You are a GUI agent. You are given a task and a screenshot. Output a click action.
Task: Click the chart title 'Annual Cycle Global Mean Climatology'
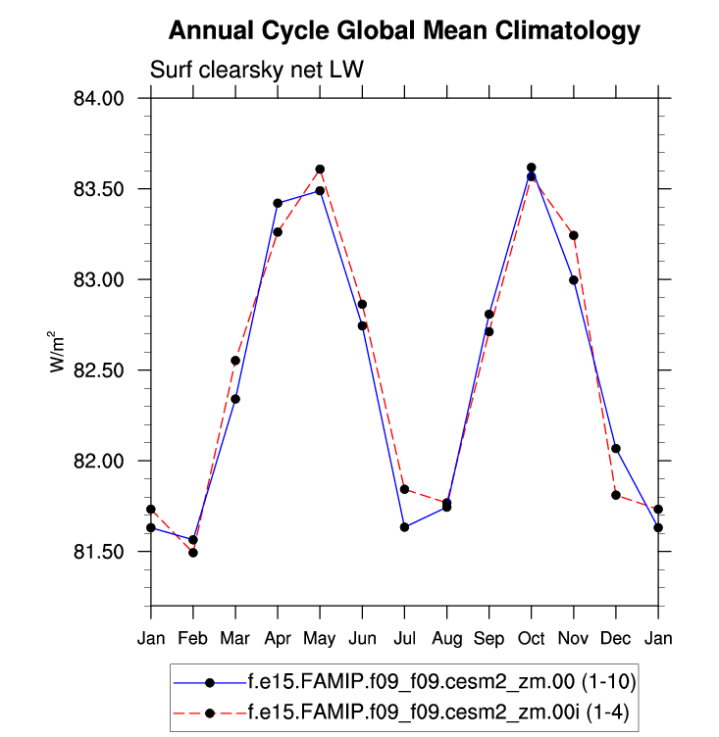coord(404,31)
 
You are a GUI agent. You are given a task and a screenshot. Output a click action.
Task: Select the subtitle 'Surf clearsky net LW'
coord(257,71)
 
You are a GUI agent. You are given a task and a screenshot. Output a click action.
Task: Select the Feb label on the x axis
coord(193,639)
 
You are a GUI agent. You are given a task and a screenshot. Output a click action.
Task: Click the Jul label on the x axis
coord(404,639)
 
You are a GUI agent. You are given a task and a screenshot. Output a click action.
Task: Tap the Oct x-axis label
coord(531,639)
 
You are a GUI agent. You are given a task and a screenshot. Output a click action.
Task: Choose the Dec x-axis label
coord(615,639)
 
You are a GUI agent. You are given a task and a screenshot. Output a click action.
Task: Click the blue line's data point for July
coord(404,527)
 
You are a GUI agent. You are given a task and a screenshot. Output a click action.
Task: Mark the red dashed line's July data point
coord(404,489)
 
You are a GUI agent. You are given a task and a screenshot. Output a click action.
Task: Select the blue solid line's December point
coord(615,449)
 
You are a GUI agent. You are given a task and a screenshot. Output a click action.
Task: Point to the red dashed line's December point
coord(615,495)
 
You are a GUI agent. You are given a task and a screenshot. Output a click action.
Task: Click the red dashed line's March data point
coord(235,361)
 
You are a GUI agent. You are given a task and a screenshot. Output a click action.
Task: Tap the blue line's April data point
coord(278,203)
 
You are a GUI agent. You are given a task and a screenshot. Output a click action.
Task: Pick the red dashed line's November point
coord(573,235)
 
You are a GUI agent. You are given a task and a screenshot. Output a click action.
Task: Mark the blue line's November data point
coord(573,280)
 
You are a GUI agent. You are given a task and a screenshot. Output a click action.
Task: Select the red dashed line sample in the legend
coord(209,710)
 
